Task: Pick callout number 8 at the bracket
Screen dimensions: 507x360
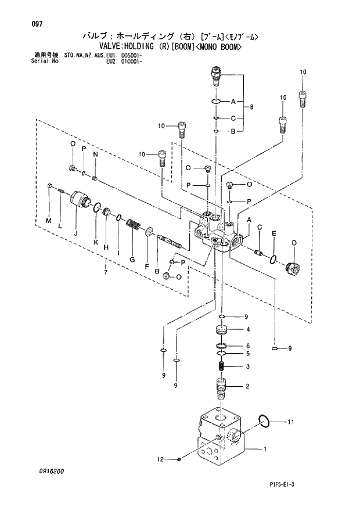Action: tap(251, 107)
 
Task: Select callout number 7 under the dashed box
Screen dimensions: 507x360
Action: tap(106, 272)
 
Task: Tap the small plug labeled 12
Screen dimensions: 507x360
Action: tap(180, 460)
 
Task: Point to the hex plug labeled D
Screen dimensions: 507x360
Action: tap(293, 268)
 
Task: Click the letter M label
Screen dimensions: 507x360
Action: tap(49, 221)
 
